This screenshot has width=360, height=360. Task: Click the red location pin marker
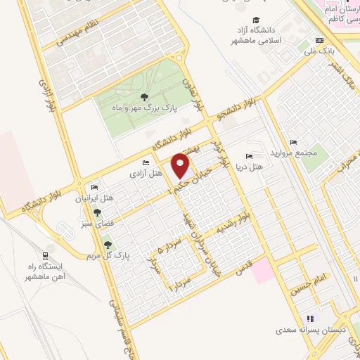(181, 165)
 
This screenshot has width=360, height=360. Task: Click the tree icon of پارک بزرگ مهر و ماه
(145, 98)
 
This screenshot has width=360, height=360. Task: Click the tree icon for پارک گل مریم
(108, 245)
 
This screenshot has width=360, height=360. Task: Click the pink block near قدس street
(264, 271)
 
